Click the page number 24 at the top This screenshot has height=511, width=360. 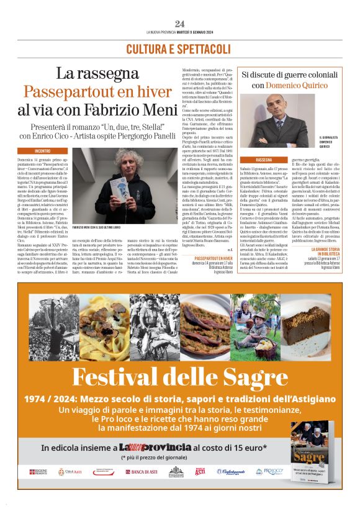[179, 24]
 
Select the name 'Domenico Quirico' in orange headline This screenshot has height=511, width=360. [287, 84]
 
